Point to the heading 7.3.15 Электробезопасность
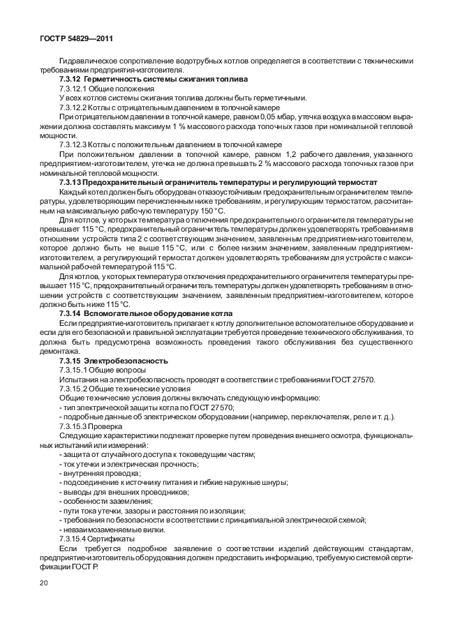pyautogui.click(x=113, y=361)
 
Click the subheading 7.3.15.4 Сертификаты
pyautogui.click(x=97, y=539)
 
